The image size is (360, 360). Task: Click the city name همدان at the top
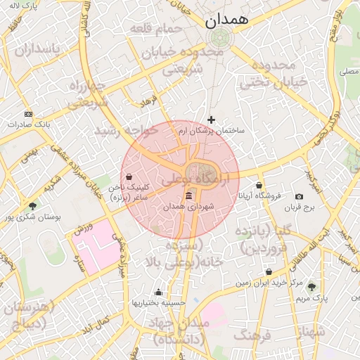(x=229, y=20)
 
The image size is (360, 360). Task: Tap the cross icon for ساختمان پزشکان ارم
(x=211, y=120)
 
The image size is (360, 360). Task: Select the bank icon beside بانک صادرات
(x=28, y=114)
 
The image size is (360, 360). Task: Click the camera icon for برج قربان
(x=300, y=196)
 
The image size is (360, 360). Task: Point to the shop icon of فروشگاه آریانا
(x=259, y=185)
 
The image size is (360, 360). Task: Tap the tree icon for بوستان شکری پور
(x=33, y=205)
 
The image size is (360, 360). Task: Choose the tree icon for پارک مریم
(x=311, y=287)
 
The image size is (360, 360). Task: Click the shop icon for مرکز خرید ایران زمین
(x=269, y=271)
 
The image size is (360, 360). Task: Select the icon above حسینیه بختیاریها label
(x=159, y=292)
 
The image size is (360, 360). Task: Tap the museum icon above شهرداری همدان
(x=188, y=196)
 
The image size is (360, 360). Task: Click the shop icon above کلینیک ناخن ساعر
(x=128, y=176)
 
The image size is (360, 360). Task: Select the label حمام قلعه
(x=155, y=28)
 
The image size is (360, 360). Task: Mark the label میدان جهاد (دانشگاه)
(x=181, y=331)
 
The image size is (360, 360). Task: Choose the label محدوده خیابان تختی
(x=275, y=74)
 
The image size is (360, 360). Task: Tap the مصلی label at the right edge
(x=347, y=72)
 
